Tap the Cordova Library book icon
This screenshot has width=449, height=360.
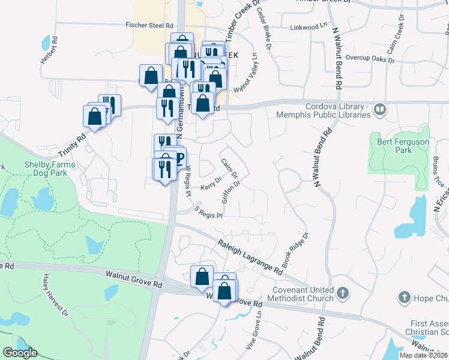[x=379, y=110]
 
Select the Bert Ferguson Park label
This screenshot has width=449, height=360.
[x=395, y=146]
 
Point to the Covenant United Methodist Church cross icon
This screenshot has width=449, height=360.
[x=342, y=293]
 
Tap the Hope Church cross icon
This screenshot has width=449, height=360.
[x=404, y=298]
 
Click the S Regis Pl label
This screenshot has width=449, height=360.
[x=209, y=211]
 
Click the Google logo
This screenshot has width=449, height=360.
[x=20, y=353]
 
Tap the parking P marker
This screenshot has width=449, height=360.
[x=178, y=160]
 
